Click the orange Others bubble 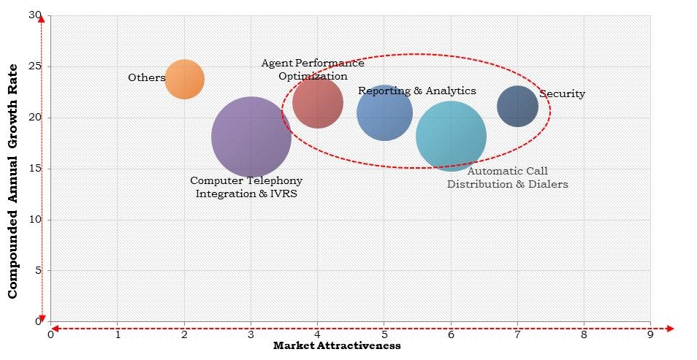184,79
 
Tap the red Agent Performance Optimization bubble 318,102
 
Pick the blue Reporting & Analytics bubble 384,113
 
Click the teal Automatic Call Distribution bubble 451,136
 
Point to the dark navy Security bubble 517,107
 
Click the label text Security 562,93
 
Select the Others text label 146,77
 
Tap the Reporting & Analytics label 416,91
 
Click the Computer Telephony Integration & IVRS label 246,187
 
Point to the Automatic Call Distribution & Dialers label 507,177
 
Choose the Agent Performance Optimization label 313,69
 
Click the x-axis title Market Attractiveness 337,346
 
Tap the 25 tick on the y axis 35,66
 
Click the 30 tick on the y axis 35,15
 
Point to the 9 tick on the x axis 650,335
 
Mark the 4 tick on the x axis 317,335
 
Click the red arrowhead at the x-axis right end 671,329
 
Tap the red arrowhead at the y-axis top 42,20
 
